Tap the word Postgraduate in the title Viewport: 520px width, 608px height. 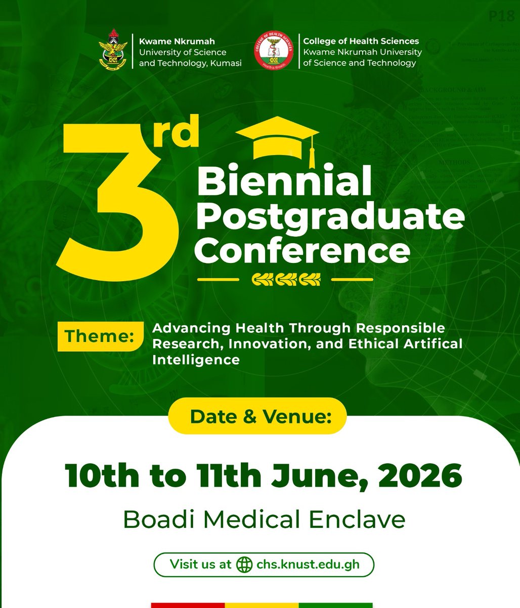point(330,216)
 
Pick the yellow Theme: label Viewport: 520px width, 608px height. point(99,335)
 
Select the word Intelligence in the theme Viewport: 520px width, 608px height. point(196,360)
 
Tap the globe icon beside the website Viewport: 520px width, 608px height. point(244,564)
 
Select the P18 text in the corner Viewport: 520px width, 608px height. point(501,17)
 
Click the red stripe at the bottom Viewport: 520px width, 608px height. point(188,605)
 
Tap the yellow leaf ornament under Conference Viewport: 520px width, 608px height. point(286,279)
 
